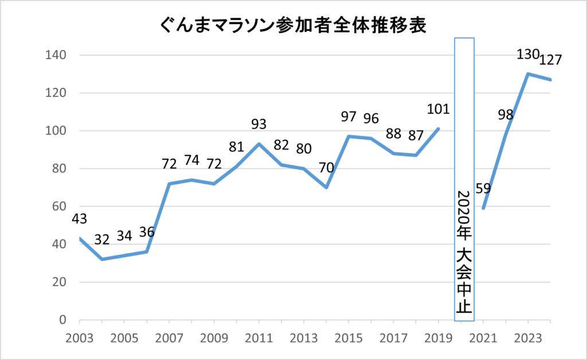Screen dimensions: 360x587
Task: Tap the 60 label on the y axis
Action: (x=59, y=206)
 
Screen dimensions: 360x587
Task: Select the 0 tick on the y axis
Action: (x=64, y=320)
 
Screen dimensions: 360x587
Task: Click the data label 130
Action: (x=527, y=54)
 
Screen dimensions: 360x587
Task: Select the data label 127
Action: (x=550, y=60)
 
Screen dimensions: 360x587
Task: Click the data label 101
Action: (x=438, y=109)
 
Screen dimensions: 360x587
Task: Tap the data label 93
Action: (x=259, y=124)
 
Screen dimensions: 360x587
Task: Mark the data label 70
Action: (x=326, y=169)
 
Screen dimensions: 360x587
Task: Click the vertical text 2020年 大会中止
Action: (x=464, y=252)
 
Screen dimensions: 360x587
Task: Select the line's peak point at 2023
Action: (x=527, y=74)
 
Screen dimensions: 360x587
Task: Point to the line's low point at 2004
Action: (x=102, y=259)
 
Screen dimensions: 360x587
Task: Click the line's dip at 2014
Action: (x=326, y=187)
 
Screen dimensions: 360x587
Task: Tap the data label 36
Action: (x=147, y=232)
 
